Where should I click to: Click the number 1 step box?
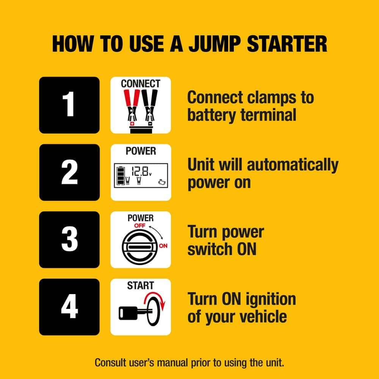[x=69, y=105]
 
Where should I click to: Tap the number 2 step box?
[x=69, y=172]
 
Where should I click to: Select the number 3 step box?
[x=69, y=240]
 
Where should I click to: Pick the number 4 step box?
[x=69, y=307]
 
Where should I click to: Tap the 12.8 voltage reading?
[x=138, y=172]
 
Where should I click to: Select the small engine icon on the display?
[x=162, y=182]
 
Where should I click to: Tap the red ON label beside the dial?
[x=163, y=246]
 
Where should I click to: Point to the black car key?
[x=131, y=313]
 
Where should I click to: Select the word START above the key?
[x=141, y=285]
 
